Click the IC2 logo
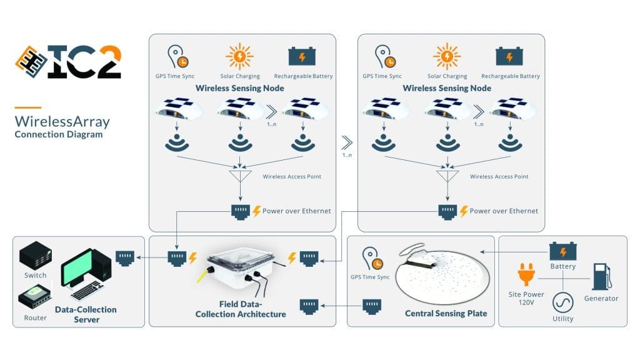[68, 62]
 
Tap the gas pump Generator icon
[601, 277]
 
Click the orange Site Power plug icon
[525, 276]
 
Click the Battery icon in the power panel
[562, 251]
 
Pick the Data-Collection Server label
[86, 314]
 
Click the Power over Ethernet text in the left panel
[296, 211]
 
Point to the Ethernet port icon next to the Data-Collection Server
[125, 256]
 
